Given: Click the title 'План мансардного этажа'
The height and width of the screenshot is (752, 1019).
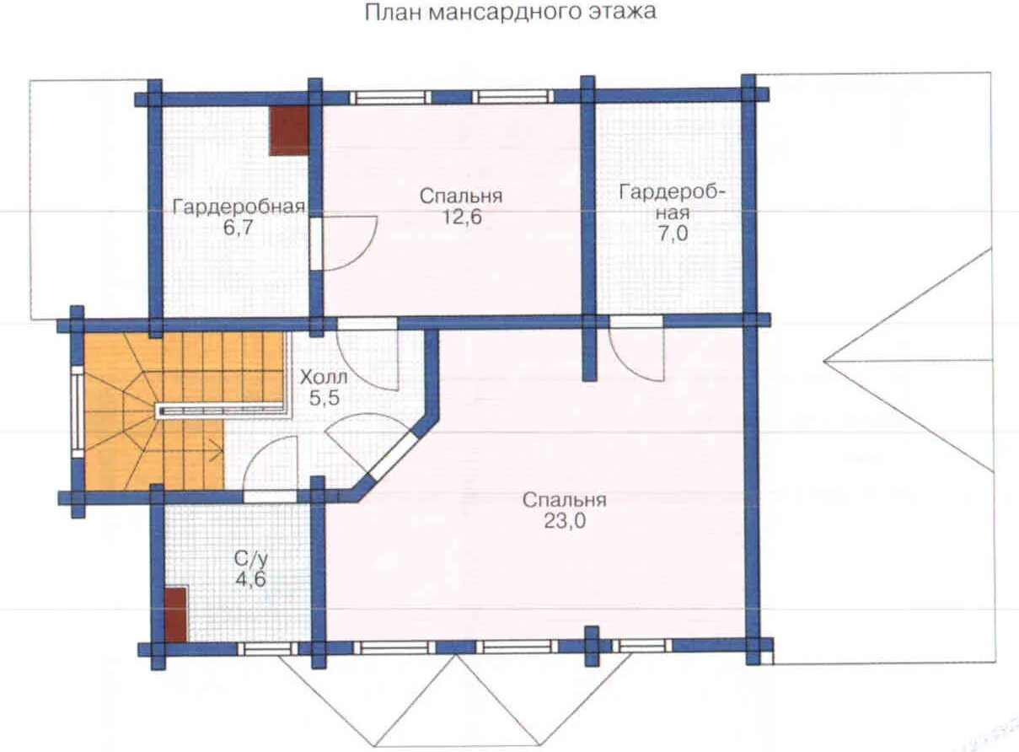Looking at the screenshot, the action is click(x=511, y=13).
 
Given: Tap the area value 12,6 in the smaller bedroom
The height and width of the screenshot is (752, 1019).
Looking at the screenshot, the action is click(x=461, y=217).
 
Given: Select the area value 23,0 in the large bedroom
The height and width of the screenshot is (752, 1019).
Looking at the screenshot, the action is click(x=565, y=522).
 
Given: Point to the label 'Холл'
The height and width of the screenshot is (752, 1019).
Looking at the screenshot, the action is click(x=324, y=378).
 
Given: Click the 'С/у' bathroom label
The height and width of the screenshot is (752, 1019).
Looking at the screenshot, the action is click(x=250, y=560).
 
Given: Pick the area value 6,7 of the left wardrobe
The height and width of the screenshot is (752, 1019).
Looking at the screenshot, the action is click(x=238, y=228).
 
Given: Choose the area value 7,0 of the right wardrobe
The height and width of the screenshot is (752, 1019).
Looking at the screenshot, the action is click(x=673, y=234).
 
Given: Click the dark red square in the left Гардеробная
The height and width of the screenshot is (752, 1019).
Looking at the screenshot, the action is click(x=288, y=131).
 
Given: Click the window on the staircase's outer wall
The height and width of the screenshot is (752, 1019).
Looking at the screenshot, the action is click(x=78, y=412).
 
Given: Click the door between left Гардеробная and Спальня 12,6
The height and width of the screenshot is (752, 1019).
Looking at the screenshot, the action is click(x=315, y=243).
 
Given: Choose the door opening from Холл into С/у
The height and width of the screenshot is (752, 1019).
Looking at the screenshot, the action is click(x=271, y=497).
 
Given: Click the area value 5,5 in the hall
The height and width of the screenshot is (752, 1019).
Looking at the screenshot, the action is click(x=324, y=399).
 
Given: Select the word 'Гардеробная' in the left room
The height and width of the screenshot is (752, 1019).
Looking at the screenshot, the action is click(x=239, y=207).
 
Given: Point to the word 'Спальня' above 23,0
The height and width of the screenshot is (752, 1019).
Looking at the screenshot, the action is click(x=564, y=500).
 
